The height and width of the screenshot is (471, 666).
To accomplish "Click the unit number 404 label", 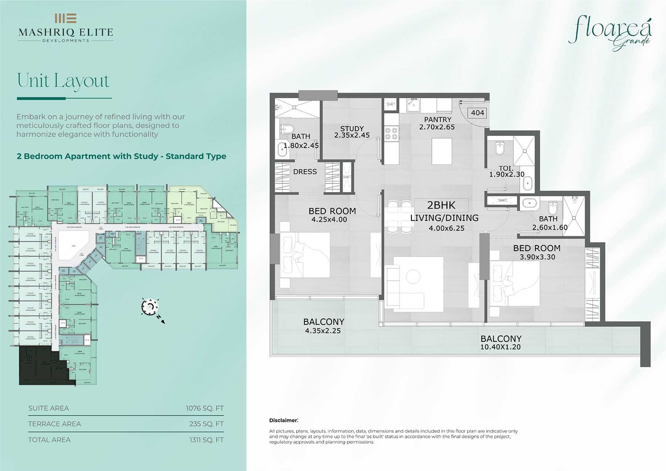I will pyautogui.click(x=477, y=113).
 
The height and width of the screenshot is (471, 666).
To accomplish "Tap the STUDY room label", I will pyautogui.click(x=352, y=128).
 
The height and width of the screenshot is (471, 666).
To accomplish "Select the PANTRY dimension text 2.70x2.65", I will pyautogui.click(x=437, y=127).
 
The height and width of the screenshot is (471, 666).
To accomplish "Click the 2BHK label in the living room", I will pyautogui.click(x=441, y=205).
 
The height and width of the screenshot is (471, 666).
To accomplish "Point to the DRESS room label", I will pyautogui.click(x=305, y=172).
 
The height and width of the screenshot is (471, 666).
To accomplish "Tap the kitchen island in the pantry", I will pyautogui.click(x=442, y=151).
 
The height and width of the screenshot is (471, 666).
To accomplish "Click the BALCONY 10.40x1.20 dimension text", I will pyautogui.click(x=500, y=347).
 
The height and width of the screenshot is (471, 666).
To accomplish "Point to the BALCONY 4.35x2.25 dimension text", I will pyautogui.click(x=323, y=331).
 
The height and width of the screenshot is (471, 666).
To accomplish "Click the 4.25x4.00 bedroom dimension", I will pyautogui.click(x=329, y=220).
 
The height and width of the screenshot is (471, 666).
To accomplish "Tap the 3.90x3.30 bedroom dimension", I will pyautogui.click(x=537, y=257).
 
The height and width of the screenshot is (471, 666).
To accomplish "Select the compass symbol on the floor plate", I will pyautogui.click(x=150, y=307).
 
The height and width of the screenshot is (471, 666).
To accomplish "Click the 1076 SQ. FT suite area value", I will pyautogui.click(x=205, y=408).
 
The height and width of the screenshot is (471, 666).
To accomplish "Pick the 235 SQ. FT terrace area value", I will pyautogui.click(x=206, y=424).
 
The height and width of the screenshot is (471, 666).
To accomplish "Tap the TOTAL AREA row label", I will pyautogui.click(x=49, y=440).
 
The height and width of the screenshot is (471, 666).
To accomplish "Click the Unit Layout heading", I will pyautogui.click(x=63, y=80).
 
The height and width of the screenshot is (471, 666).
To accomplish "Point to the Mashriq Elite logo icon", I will pyautogui.click(x=65, y=18).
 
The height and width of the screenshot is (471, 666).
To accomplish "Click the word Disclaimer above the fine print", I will pyautogui.click(x=283, y=420).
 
